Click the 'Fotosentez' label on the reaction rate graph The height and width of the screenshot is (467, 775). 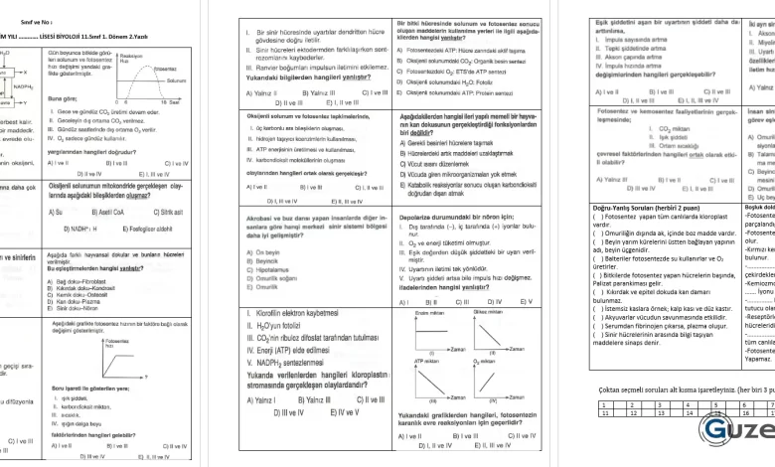coord(165,69)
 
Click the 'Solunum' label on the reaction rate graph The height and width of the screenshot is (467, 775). coord(177,79)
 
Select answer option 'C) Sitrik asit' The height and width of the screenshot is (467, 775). coord(171,211)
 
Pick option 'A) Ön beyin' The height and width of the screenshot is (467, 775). coord(260,252)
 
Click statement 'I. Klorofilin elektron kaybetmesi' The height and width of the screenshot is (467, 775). coord(288,340)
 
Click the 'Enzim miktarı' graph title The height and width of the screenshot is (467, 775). coord(427,338)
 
